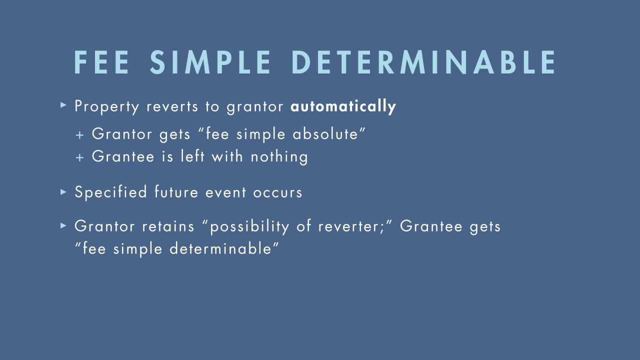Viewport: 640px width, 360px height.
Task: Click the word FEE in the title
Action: tap(101, 62)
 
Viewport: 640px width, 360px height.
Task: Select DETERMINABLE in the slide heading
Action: tap(424, 62)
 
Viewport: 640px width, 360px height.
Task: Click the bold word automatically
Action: tap(343, 106)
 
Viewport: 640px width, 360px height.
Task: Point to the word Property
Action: tap(107, 107)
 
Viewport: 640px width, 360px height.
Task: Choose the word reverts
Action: tap(172, 107)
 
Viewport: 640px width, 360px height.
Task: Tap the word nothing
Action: tap(279, 157)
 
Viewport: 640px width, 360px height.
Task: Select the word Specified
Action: tap(111, 192)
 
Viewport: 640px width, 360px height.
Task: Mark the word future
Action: tap(176, 191)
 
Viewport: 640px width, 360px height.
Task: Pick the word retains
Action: tap(168, 226)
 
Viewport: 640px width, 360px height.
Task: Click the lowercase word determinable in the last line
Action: tap(220, 248)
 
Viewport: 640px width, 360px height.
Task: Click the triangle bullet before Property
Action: tap(63, 105)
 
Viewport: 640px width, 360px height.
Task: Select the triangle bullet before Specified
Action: tap(63, 191)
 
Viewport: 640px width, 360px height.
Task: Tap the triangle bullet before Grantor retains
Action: tap(63, 226)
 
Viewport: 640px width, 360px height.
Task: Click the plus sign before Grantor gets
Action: tap(79, 135)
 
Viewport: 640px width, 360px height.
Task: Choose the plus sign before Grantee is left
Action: tap(79, 157)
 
